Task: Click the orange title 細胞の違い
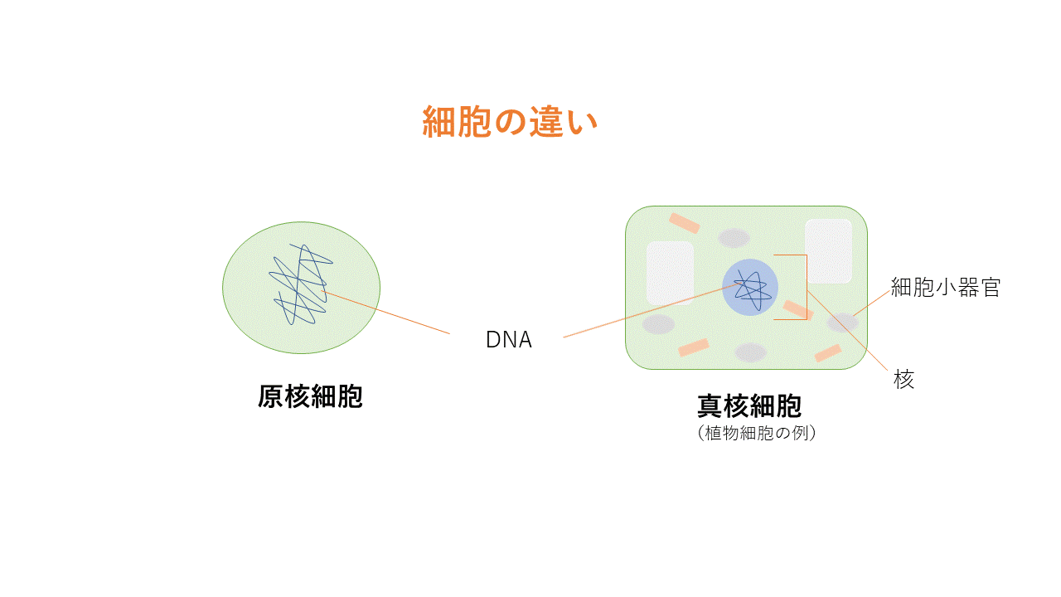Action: tap(510, 123)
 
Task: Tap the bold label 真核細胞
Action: tap(749, 406)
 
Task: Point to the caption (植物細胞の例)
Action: tap(758, 433)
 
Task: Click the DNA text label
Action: tap(508, 340)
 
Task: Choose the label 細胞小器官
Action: tap(946, 288)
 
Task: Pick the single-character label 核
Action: tap(904, 381)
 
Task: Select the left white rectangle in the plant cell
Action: tap(670, 272)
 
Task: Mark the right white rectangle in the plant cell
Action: tap(828, 250)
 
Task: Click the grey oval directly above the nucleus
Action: tap(734, 238)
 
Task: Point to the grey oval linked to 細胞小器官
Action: tap(842, 323)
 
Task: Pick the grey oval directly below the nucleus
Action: tap(751, 352)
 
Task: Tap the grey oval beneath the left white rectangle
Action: tap(659, 324)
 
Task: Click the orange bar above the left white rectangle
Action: tap(685, 223)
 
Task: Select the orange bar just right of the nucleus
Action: tap(797, 310)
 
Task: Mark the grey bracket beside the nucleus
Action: tap(806, 287)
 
